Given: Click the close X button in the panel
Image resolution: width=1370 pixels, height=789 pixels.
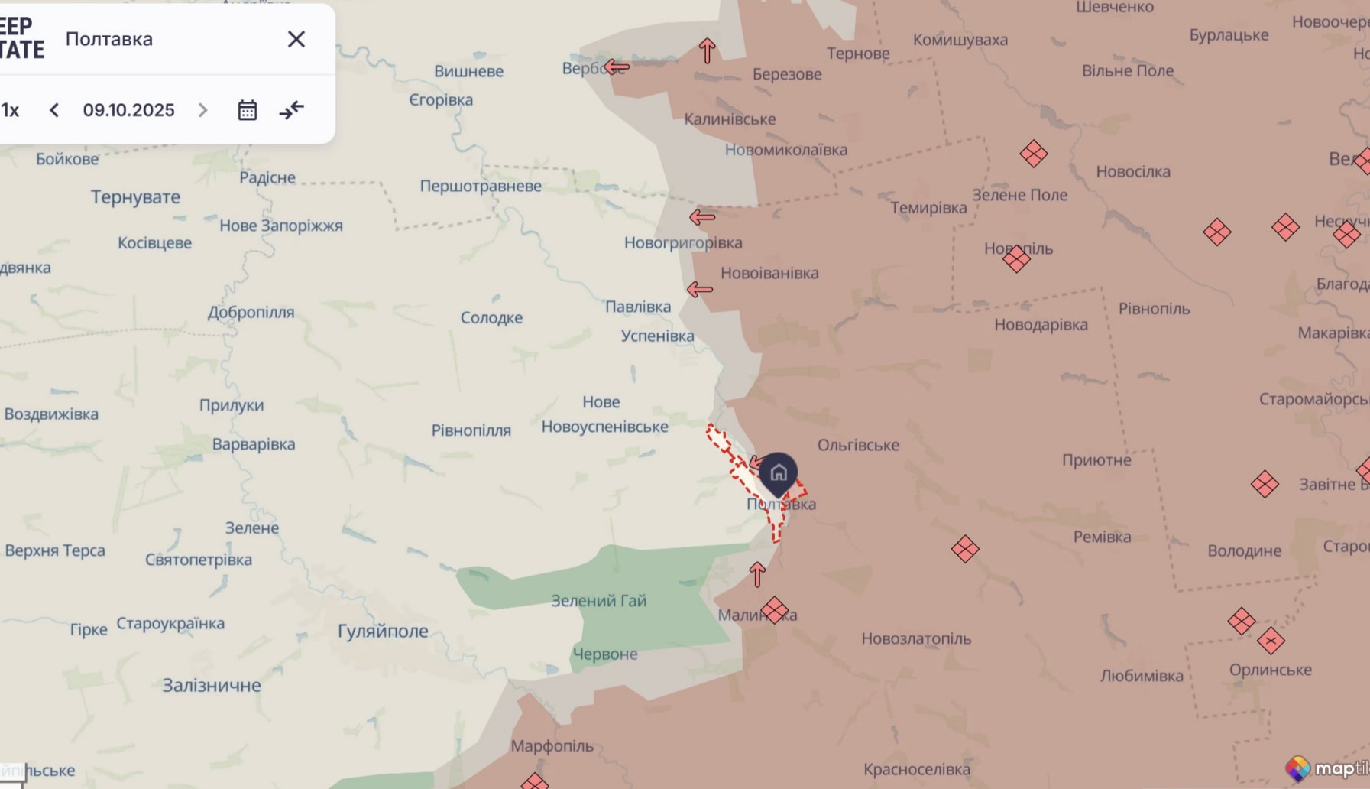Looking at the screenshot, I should coord(296,39).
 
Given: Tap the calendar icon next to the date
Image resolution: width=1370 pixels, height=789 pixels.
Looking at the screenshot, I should coord(247,110).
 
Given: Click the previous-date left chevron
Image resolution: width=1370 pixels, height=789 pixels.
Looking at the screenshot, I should coord(54,110).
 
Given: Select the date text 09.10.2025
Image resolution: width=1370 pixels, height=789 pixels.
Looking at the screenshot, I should coord(128,110).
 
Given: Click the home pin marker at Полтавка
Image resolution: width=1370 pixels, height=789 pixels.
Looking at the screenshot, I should coord(778,472).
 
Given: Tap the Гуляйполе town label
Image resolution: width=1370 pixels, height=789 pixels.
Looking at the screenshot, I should coord(383,632).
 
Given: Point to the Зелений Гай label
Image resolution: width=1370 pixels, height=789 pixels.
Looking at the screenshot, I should coord(598,601).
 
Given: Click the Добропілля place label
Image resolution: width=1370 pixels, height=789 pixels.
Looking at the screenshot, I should coord(251,312).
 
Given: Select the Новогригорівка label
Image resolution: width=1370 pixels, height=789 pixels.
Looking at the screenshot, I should coord(682,243).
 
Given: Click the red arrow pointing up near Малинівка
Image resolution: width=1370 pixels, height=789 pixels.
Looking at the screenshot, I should coord(757,574).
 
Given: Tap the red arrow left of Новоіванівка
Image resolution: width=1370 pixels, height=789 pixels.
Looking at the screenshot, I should coord(699,290).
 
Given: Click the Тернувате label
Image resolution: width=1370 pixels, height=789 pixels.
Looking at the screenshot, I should coord(135,197).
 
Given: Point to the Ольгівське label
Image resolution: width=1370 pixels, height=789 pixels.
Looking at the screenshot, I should coord(858,445).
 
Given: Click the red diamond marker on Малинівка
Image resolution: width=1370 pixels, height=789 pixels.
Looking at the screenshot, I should coord(774,610).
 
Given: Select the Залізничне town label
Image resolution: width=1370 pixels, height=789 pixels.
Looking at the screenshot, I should coord(212,686).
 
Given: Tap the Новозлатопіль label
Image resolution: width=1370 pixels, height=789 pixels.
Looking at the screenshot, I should coord(916,638).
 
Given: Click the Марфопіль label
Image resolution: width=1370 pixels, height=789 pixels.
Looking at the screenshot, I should coord(552,746).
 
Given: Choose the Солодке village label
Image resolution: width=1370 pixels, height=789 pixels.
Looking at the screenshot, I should coord(491,317).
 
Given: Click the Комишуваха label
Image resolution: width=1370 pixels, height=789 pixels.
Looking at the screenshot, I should coord(960,40).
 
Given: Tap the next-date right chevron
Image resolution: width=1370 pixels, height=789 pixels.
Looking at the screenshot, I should coord(202,110).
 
